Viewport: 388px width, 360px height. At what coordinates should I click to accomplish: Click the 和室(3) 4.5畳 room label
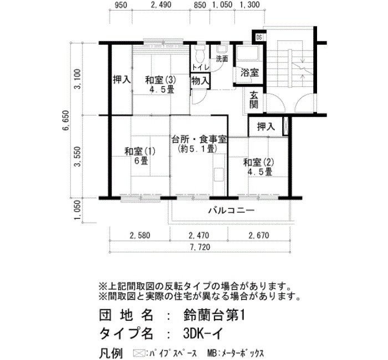pyautogui.click(x=160, y=85)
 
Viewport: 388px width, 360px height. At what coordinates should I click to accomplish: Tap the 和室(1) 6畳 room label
pyautogui.click(x=140, y=156)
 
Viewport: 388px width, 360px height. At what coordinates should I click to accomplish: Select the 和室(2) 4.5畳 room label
pyautogui.click(x=259, y=167)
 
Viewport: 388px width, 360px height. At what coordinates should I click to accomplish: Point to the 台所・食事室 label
pyautogui.click(x=200, y=140)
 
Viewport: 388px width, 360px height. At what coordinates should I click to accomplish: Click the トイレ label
pyautogui.click(x=201, y=67)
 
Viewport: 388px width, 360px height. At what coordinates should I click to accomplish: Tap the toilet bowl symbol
pyautogui.click(x=200, y=54)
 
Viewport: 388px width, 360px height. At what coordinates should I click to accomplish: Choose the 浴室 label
pyautogui.click(x=249, y=73)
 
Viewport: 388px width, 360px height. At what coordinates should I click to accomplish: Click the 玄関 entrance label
pyautogui.click(x=254, y=100)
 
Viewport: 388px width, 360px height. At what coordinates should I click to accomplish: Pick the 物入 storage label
pyautogui.click(x=201, y=80)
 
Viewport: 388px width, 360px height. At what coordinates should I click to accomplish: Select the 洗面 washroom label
pyautogui.click(x=222, y=59)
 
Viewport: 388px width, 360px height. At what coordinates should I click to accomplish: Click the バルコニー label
pyautogui.click(x=231, y=210)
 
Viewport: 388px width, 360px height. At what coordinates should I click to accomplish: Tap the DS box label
pyautogui.click(x=259, y=38)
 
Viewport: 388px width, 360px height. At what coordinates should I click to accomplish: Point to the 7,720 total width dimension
pyautogui.click(x=200, y=247)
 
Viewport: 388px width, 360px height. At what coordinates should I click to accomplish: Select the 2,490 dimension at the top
pyautogui.click(x=161, y=4)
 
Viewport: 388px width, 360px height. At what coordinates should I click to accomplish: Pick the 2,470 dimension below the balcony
pyautogui.click(x=199, y=235)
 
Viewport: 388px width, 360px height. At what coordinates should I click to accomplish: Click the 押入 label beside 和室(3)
pyautogui.click(x=122, y=80)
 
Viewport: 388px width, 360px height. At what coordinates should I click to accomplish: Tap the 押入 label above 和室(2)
pyautogui.click(x=266, y=127)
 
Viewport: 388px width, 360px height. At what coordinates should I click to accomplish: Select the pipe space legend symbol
pyautogui.click(x=139, y=352)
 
